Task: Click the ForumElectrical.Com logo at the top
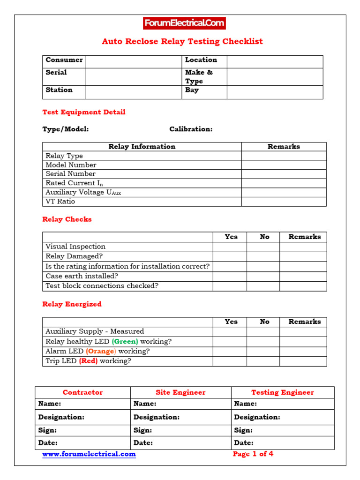point(184,23)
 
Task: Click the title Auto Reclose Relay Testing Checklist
point(182,41)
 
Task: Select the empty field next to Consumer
point(134,61)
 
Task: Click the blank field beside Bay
point(275,92)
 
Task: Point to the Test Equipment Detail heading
point(84,112)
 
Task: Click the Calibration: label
point(191,129)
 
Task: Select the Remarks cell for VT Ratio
point(284,202)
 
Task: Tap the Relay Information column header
point(142,147)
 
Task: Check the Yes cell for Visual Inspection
point(230,247)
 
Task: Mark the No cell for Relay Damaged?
point(263,256)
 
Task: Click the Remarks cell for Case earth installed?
point(303,276)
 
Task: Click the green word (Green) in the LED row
point(125,342)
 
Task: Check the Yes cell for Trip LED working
point(230,361)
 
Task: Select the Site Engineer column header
point(180,392)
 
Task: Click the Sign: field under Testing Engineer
point(283,430)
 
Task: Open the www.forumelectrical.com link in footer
point(89,454)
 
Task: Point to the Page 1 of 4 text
point(253,454)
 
